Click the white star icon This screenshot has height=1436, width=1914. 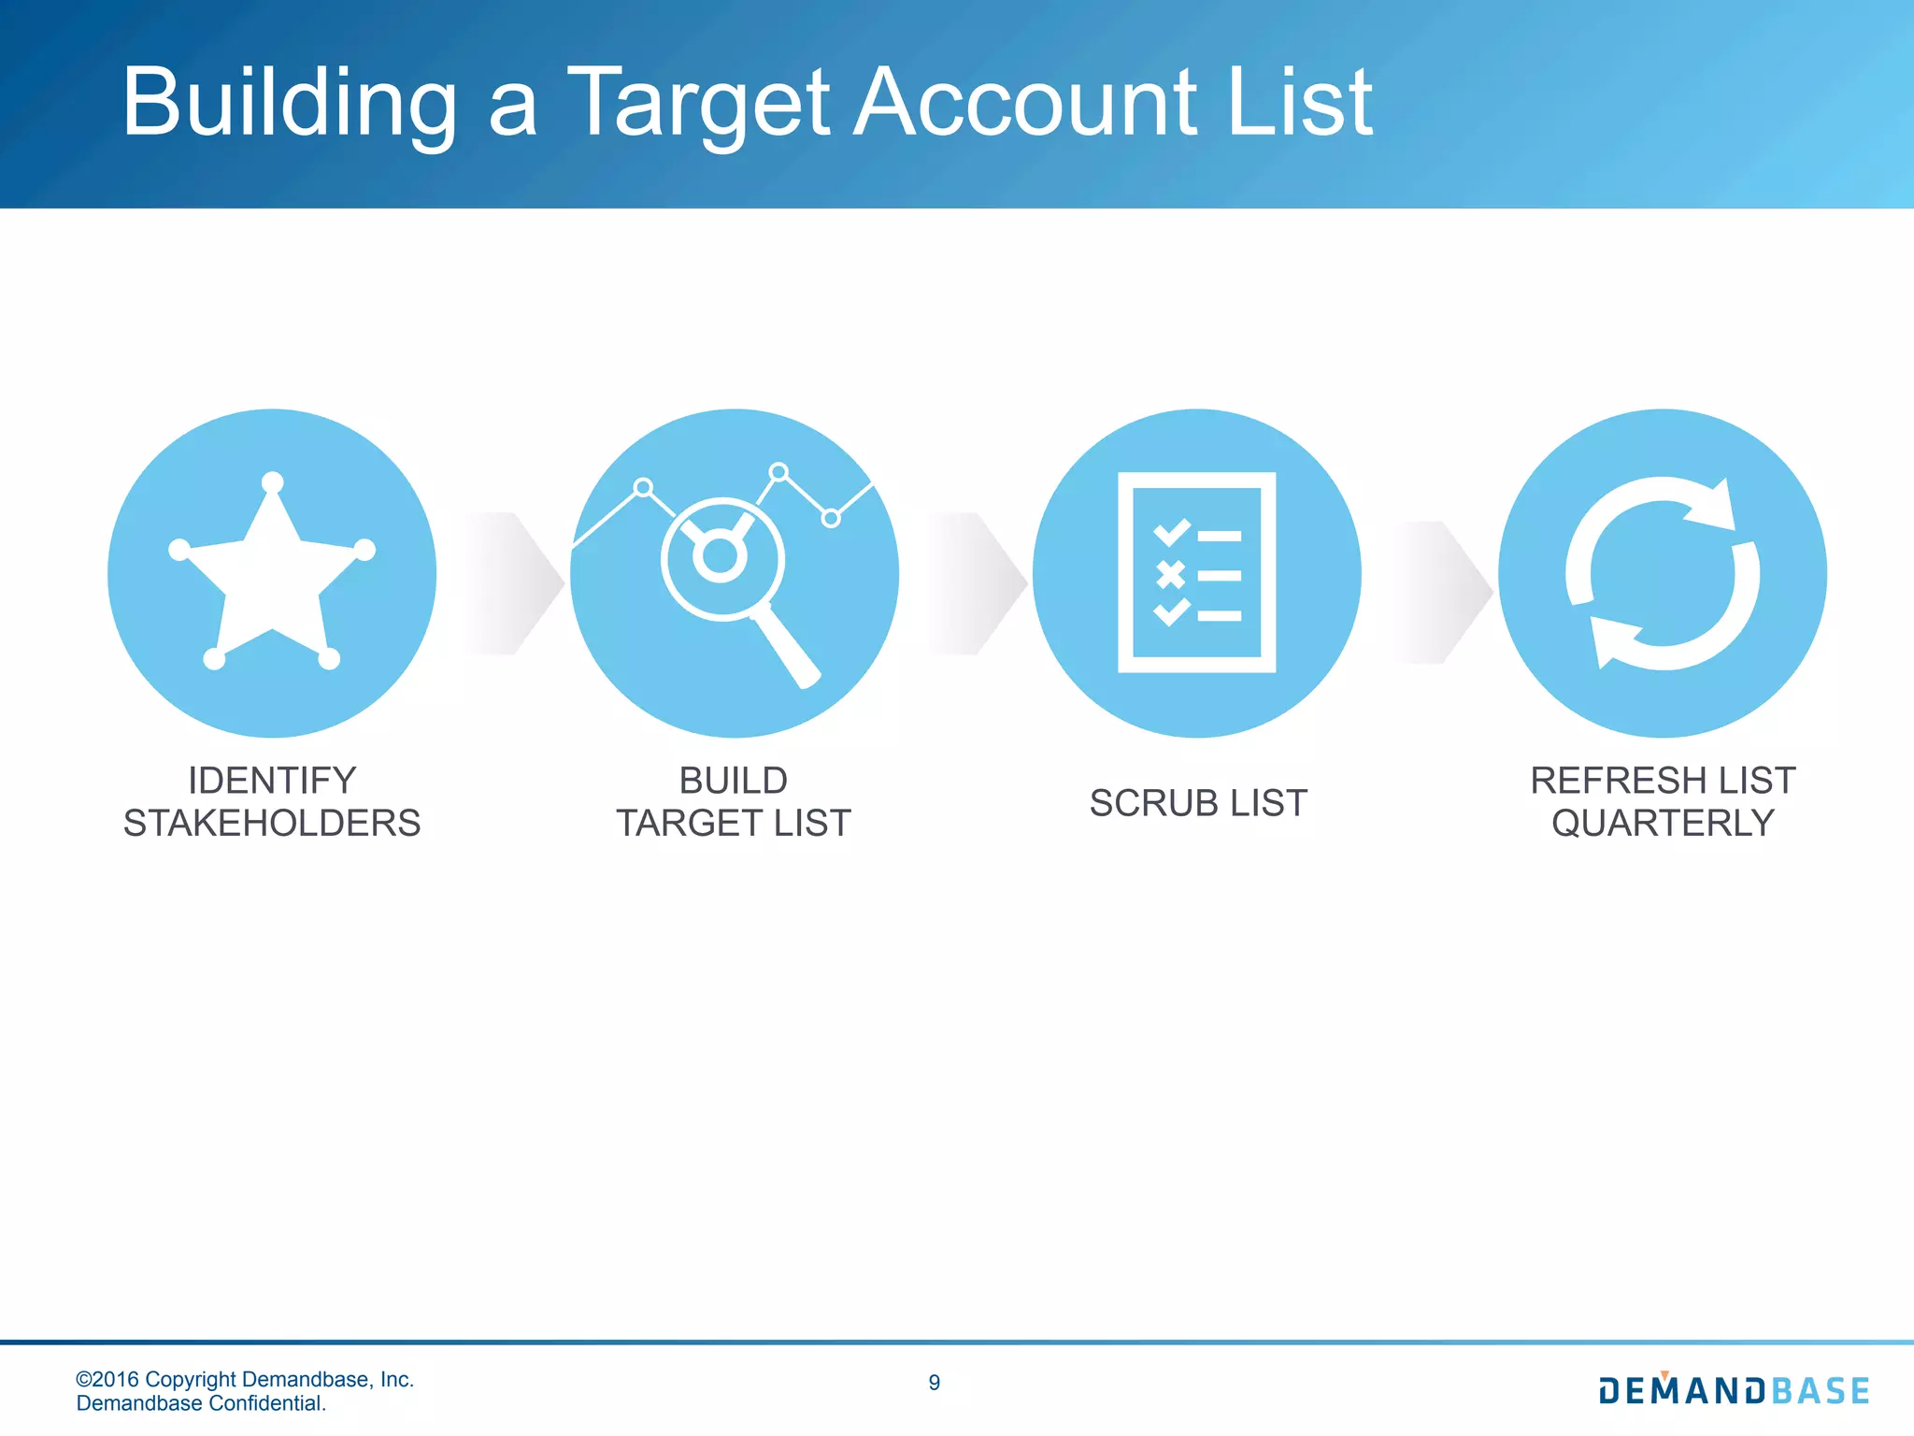tap(272, 572)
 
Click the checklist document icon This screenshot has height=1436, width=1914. tap(1196, 572)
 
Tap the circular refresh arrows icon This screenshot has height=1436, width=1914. tap(1662, 573)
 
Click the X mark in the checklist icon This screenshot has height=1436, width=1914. tap(1170, 574)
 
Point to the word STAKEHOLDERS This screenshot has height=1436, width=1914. tap(272, 824)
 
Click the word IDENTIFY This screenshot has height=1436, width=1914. tap(272, 781)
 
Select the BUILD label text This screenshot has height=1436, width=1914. tap(733, 781)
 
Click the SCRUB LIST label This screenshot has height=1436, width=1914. tap(1198, 803)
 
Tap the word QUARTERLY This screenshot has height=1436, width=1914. tap(1663, 824)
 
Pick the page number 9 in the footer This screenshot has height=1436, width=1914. tap(935, 1383)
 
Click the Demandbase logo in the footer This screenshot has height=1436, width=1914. tap(1734, 1390)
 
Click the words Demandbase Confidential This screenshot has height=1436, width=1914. tap(201, 1403)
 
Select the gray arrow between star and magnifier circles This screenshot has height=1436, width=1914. tap(515, 582)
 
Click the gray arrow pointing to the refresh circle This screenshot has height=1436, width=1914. tap(1443, 592)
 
